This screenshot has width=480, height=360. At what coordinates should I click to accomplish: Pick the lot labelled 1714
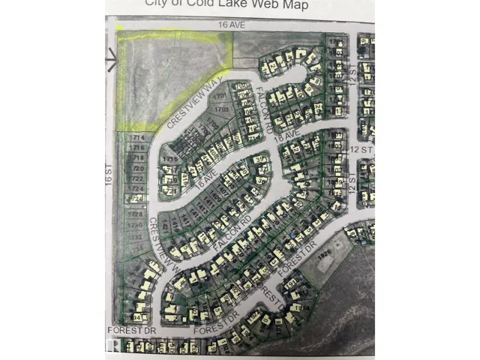pyautogui.click(x=136, y=139)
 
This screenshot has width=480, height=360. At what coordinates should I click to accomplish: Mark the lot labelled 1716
pyautogui.click(x=136, y=148)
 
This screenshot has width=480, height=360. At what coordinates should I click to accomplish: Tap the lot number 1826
pyautogui.click(x=323, y=256)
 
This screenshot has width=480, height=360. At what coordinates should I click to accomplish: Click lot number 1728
pyautogui.click(x=136, y=214)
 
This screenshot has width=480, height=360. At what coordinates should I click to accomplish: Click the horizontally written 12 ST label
pyautogui.click(x=361, y=150)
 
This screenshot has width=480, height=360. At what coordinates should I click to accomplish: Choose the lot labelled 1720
pyautogui.click(x=136, y=169)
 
